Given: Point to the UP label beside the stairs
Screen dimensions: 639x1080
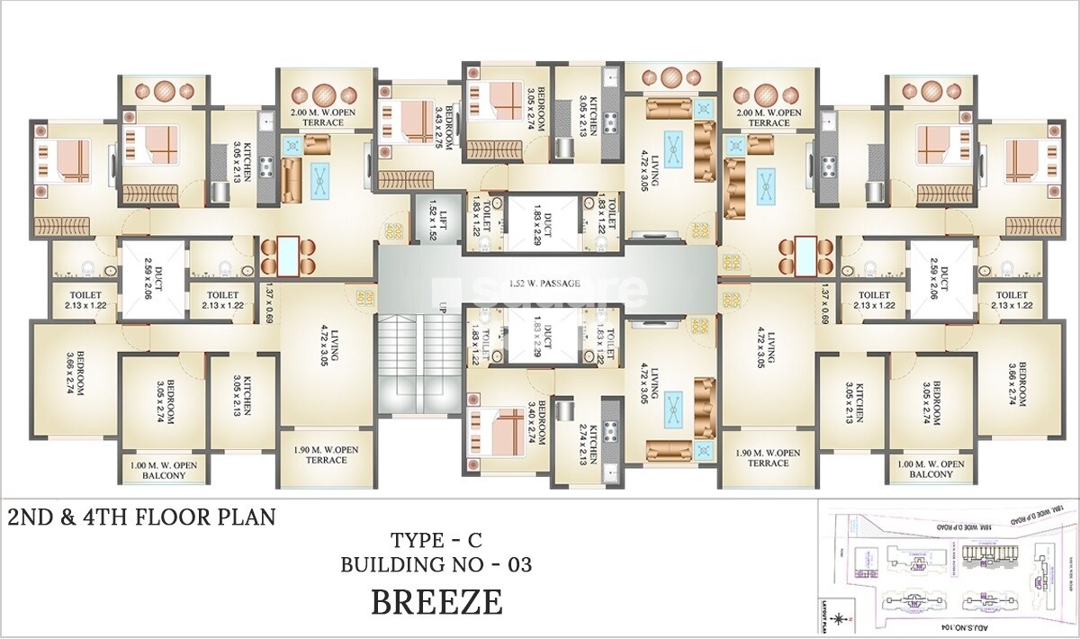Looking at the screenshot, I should click(442, 308).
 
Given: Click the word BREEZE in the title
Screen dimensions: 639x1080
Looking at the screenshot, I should click(436, 602).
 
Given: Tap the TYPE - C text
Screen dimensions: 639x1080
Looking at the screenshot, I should click(436, 541).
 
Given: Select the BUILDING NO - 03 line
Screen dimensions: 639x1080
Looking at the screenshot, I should click(436, 565).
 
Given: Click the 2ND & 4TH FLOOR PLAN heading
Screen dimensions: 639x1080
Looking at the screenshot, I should click(141, 517).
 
